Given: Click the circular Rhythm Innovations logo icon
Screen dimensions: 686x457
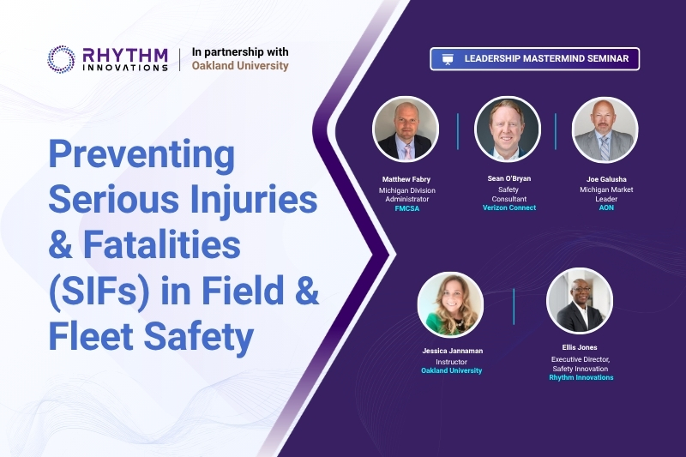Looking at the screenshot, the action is coord(61,59).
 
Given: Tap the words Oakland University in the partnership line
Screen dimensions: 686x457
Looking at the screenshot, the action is coord(240,66).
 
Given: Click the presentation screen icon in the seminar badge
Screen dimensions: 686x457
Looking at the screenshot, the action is coord(447,59).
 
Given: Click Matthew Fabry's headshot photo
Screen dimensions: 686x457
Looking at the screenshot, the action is coord(406,129).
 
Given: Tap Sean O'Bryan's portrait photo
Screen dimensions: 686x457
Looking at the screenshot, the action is coord(508,129).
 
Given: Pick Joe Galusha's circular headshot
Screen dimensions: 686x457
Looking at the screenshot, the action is coord(605,129).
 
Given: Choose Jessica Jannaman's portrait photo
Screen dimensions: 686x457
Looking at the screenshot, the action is coord(451,305).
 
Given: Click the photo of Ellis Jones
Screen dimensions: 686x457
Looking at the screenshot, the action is coord(580,301).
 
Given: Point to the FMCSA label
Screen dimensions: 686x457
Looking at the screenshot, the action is coord(406,208).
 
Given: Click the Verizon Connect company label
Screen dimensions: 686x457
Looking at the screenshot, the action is coord(509,207).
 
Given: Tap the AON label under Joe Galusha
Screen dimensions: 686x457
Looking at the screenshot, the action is coord(606,207).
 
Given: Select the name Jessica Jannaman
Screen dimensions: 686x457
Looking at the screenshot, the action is coord(453,351).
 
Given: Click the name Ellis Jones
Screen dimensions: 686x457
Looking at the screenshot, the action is coord(580,347).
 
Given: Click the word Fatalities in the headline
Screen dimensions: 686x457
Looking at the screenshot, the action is coord(162,244).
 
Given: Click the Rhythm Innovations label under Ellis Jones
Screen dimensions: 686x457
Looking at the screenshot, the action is coord(581,377).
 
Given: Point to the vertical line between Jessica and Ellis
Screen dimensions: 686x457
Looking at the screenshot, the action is coord(514,307).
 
